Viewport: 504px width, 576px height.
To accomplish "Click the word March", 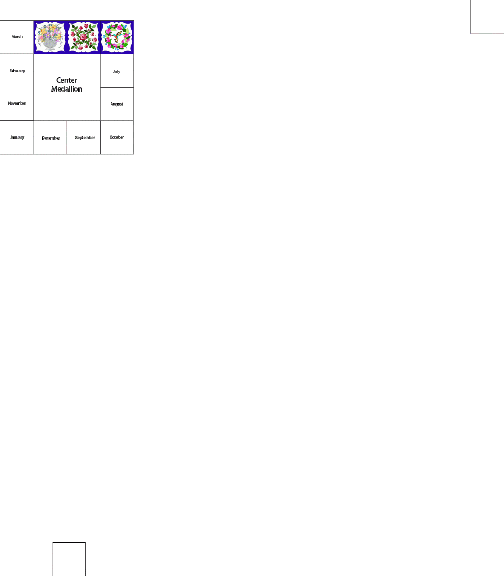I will click(x=17, y=37).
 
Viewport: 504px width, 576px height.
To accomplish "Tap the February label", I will click(x=17, y=71).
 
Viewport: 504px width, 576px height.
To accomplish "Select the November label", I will click(x=17, y=103).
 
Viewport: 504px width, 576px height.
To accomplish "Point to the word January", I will click(x=17, y=137).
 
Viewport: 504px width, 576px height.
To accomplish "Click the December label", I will click(x=50, y=138).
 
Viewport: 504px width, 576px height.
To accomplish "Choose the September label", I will click(x=85, y=138).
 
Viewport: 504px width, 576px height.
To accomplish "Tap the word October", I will click(x=117, y=137).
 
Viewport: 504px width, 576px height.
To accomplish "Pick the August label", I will click(x=117, y=104).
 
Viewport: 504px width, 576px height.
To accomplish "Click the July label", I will click(x=117, y=72).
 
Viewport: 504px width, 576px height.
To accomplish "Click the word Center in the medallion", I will click(x=67, y=80).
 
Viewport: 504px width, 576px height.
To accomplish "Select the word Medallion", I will click(x=67, y=89).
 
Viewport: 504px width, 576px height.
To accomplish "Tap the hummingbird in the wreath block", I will click(x=117, y=36).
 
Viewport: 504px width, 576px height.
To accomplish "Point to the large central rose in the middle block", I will click(x=84, y=36).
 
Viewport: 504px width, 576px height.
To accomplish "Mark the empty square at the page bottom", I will click(x=69, y=559).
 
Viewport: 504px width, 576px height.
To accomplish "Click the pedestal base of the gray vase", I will click(x=50, y=48).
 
